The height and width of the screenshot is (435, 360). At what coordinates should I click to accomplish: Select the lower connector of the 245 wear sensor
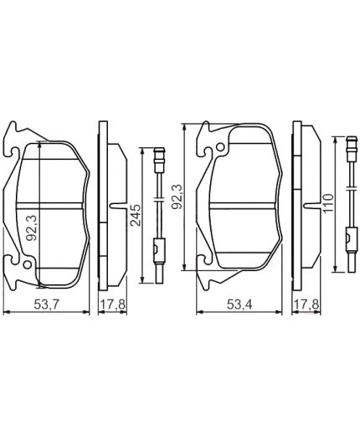point(160,248)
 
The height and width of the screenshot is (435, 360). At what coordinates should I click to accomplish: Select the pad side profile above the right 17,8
point(298,201)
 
